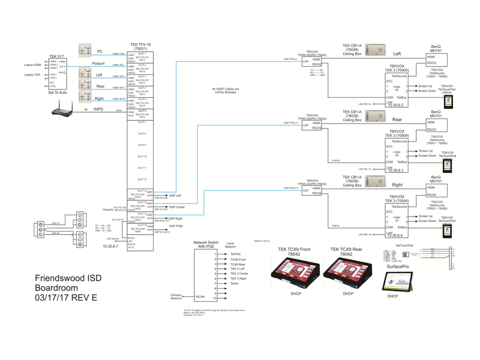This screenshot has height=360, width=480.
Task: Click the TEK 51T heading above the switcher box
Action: (x=57, y=55)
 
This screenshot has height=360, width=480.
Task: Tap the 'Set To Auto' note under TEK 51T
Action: (x=57, y=93)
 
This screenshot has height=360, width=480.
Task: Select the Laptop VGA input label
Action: (x=32, y=75)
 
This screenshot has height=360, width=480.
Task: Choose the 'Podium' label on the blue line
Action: (x=98, y=64)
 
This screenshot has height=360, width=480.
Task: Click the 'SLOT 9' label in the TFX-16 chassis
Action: (x=142, y=145)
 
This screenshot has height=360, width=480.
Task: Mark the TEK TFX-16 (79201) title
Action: (x=140, y=46)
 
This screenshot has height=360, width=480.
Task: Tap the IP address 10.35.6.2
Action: (x=397, y=104)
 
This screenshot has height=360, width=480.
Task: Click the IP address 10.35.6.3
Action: (x=397, y=170)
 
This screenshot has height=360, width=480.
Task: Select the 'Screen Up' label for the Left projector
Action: (x=425, y=86)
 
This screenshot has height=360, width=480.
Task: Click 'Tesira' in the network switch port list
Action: (x=235, y=283)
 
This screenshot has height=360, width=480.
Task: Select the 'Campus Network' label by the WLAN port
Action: (x=176, y=296)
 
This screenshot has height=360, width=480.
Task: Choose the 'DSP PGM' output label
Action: (x=175, y=226)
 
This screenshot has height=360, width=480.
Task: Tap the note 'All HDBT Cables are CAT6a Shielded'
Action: (x=226, y=91)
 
